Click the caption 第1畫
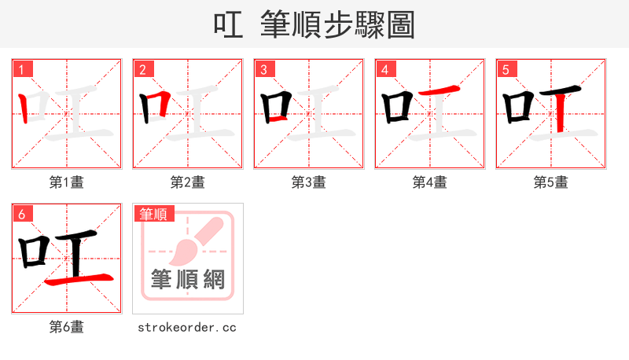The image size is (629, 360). (x=67, y=182)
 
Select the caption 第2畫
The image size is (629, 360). (x=188, y=182)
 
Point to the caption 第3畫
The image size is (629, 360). (x=309, y=182)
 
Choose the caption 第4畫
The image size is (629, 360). (x=430, y=182)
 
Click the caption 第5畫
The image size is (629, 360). (x=551, y=182)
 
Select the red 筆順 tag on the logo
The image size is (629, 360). (x=154, y=214)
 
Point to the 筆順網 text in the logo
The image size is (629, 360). (x=188, y=279)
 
